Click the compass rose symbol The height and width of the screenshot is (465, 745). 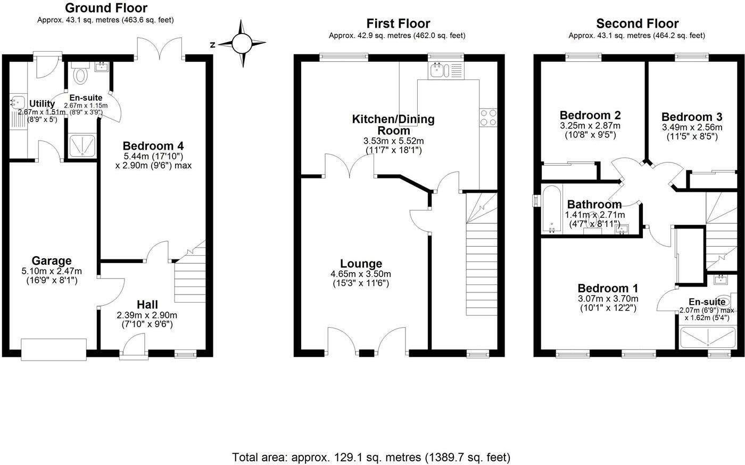click(242, 44)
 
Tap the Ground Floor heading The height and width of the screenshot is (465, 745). click(106, 8)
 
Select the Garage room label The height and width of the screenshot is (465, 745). click(52, 260)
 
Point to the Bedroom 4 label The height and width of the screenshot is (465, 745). click(148, 145)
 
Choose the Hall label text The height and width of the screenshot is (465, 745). click(147, 304)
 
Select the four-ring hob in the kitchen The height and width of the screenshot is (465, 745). click(488, 118)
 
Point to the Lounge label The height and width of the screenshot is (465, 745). click(361, 264)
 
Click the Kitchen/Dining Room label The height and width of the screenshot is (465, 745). click(393, 125)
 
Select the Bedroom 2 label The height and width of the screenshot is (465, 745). click(590, 115)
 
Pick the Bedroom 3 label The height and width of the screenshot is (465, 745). click(692, 117)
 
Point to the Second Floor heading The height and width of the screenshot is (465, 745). click(637, 23)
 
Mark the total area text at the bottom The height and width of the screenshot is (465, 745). click(371, 457)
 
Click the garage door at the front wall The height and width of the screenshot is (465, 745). click(53, 349)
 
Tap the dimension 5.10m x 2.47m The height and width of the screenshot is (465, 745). click(52, 272)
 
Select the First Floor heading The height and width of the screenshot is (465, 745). click(398, 23)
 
